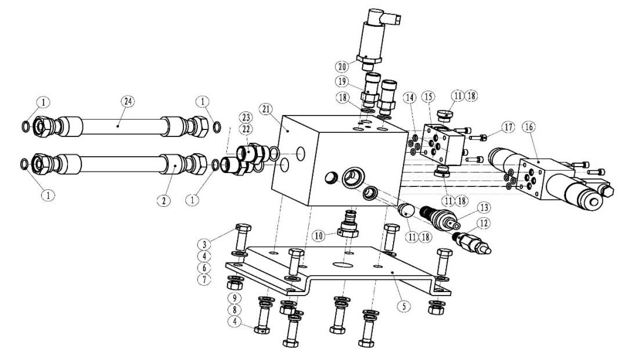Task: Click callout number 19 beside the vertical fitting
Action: point(341,81)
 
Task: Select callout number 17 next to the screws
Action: point(509,127)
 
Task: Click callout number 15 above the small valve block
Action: point(427,97)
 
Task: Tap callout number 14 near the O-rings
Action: point(410,97)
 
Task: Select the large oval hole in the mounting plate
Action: point(344,264)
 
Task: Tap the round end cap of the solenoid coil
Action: point(590,201)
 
